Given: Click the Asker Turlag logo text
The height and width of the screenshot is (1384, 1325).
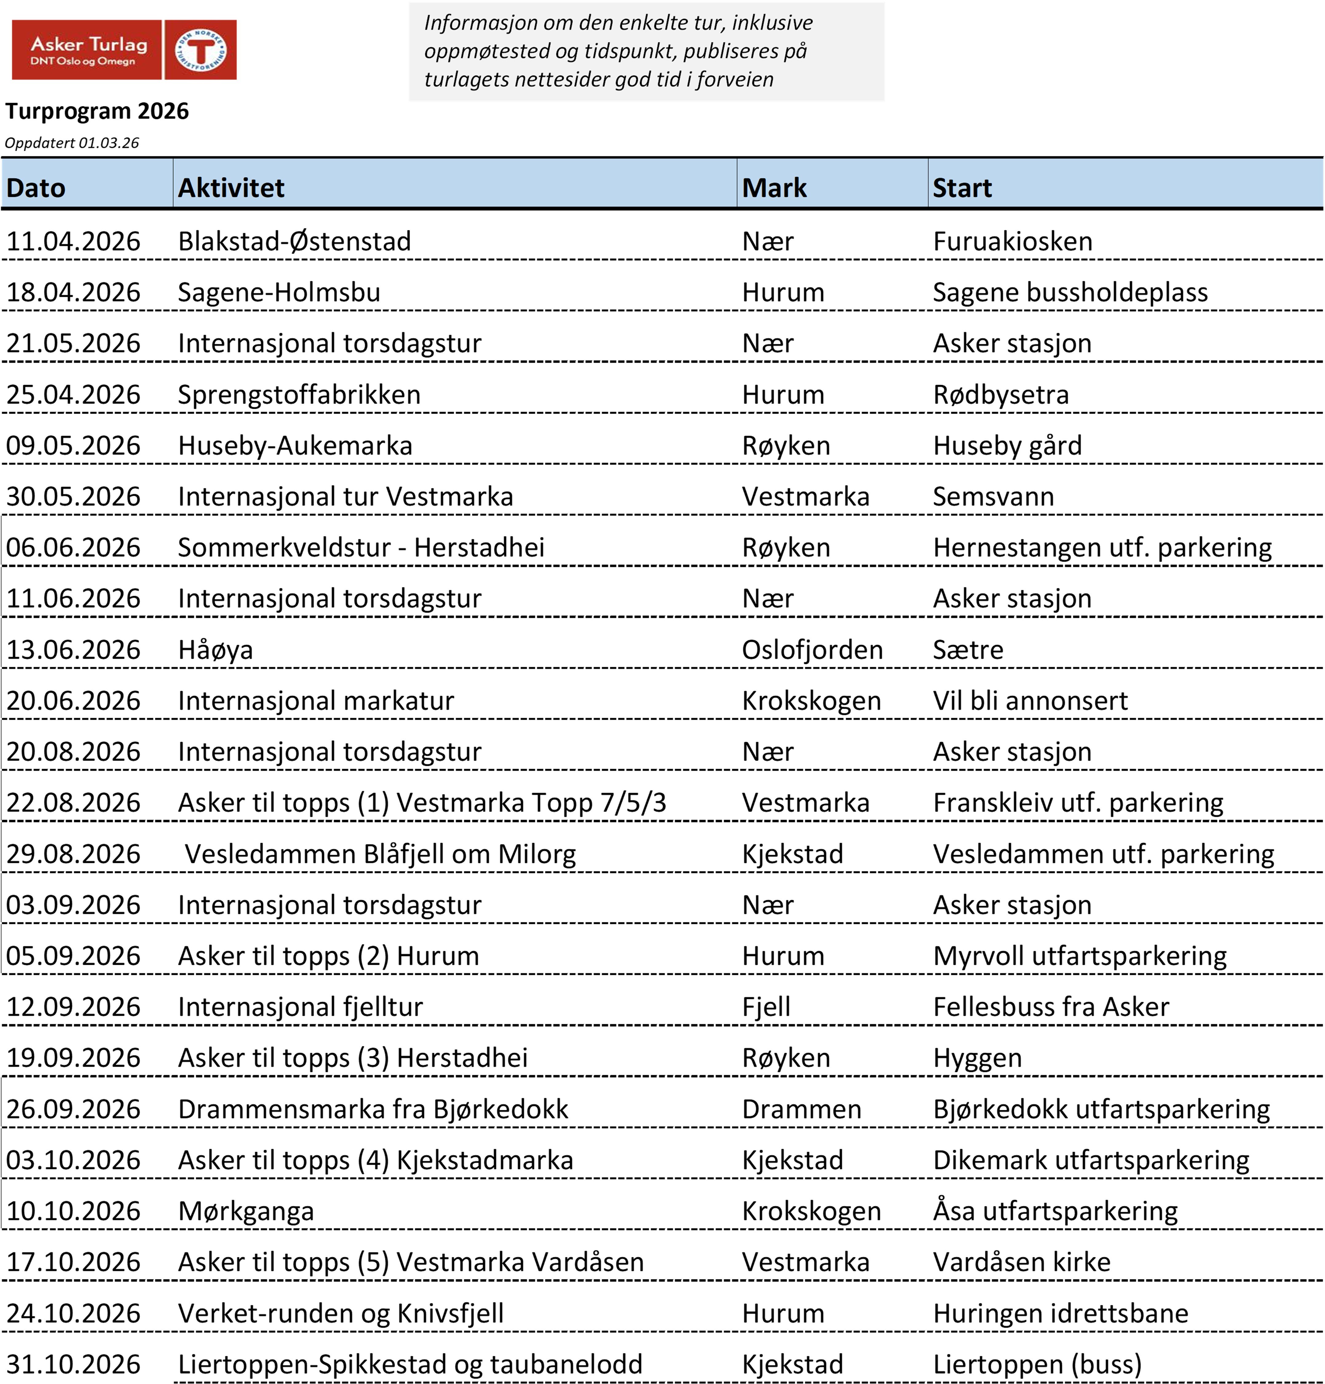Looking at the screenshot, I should (x=88, y=50).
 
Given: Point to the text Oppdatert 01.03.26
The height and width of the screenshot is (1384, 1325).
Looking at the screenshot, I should (x=72, y=143).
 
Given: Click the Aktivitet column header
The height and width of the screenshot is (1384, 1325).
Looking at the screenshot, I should (x=231, y=188).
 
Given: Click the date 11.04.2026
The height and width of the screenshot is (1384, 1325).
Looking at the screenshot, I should (x=73, y=241).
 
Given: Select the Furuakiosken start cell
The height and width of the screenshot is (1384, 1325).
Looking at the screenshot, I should (x=1012, y=241).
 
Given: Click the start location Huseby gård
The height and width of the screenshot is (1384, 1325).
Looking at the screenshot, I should (x=1007, y=446).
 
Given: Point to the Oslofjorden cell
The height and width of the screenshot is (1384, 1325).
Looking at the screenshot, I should (x=812, y=650).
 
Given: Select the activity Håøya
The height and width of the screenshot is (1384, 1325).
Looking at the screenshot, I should (x=215, y=650).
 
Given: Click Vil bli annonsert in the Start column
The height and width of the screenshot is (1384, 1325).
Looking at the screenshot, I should (x=1030, y=701).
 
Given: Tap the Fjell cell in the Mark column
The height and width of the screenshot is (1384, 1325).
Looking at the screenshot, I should (x=766, y=1007).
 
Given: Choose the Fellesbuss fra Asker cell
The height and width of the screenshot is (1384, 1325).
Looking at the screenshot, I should (x=1050, y=1007).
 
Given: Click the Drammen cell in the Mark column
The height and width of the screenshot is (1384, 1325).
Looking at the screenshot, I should (x=801, y=1109).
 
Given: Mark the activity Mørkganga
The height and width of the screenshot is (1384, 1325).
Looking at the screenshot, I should (x=246, y=1211).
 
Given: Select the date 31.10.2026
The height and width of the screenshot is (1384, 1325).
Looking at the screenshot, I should (x=73, y=1364).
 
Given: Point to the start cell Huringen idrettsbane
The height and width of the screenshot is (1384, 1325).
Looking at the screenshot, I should (x=1060, y=1313).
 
